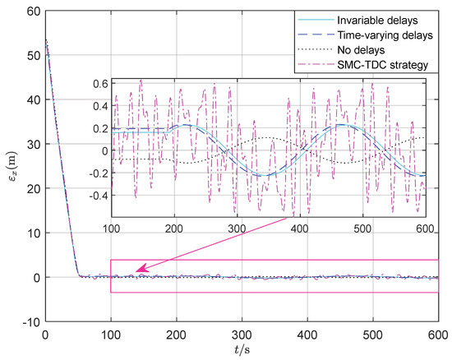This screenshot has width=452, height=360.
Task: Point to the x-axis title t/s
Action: pyautogui.click(x=242, y=350)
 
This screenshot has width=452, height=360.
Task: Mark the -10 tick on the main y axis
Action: pyautogui.click(x=30, y=322)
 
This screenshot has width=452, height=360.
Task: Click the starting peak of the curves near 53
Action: pyautogui.click(x=46, y=40)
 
